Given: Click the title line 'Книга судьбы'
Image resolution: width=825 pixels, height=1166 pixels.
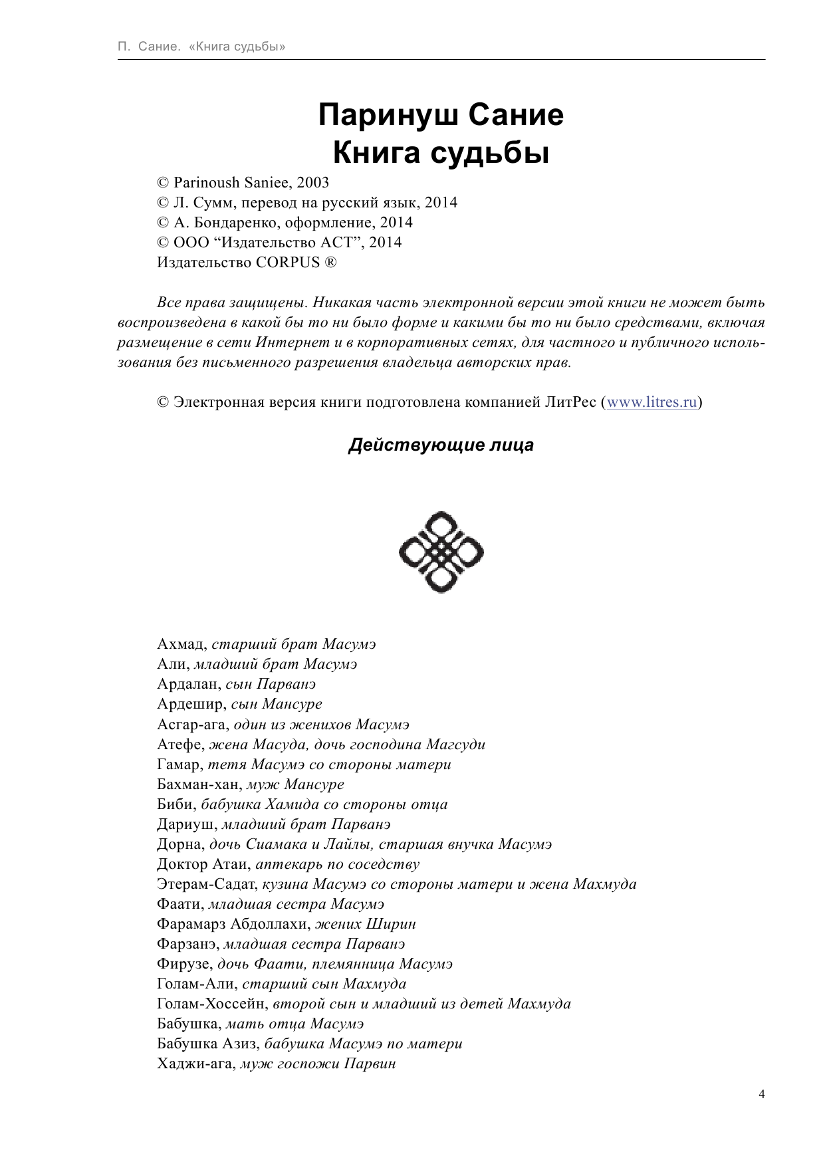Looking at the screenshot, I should [441, 154].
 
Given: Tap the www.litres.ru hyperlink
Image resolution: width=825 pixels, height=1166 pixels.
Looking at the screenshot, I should [651, 402].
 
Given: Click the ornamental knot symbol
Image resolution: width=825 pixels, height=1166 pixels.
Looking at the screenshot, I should [441, 552].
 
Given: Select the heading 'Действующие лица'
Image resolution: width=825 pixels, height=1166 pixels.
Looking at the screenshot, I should [441, 445].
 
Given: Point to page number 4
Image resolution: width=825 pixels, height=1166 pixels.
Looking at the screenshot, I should [761, 1094].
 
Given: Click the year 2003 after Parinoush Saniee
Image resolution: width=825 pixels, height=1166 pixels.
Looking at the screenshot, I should [312, 183].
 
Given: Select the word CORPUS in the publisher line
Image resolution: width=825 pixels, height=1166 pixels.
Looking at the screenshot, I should [287, 263].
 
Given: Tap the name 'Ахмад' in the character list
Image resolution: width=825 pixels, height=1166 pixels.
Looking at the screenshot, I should [181, 644].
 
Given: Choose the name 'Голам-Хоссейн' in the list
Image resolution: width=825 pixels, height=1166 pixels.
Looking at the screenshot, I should [211, 1004].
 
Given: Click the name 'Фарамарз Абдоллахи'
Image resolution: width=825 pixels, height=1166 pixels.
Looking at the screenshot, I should [232, 924].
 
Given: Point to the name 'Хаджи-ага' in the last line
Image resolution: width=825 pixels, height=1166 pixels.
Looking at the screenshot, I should [195, 1064].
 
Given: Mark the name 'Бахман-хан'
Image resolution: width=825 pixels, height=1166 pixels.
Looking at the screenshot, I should [199, 784].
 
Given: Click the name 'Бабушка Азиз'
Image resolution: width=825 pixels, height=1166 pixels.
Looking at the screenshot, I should [205, 1044].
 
